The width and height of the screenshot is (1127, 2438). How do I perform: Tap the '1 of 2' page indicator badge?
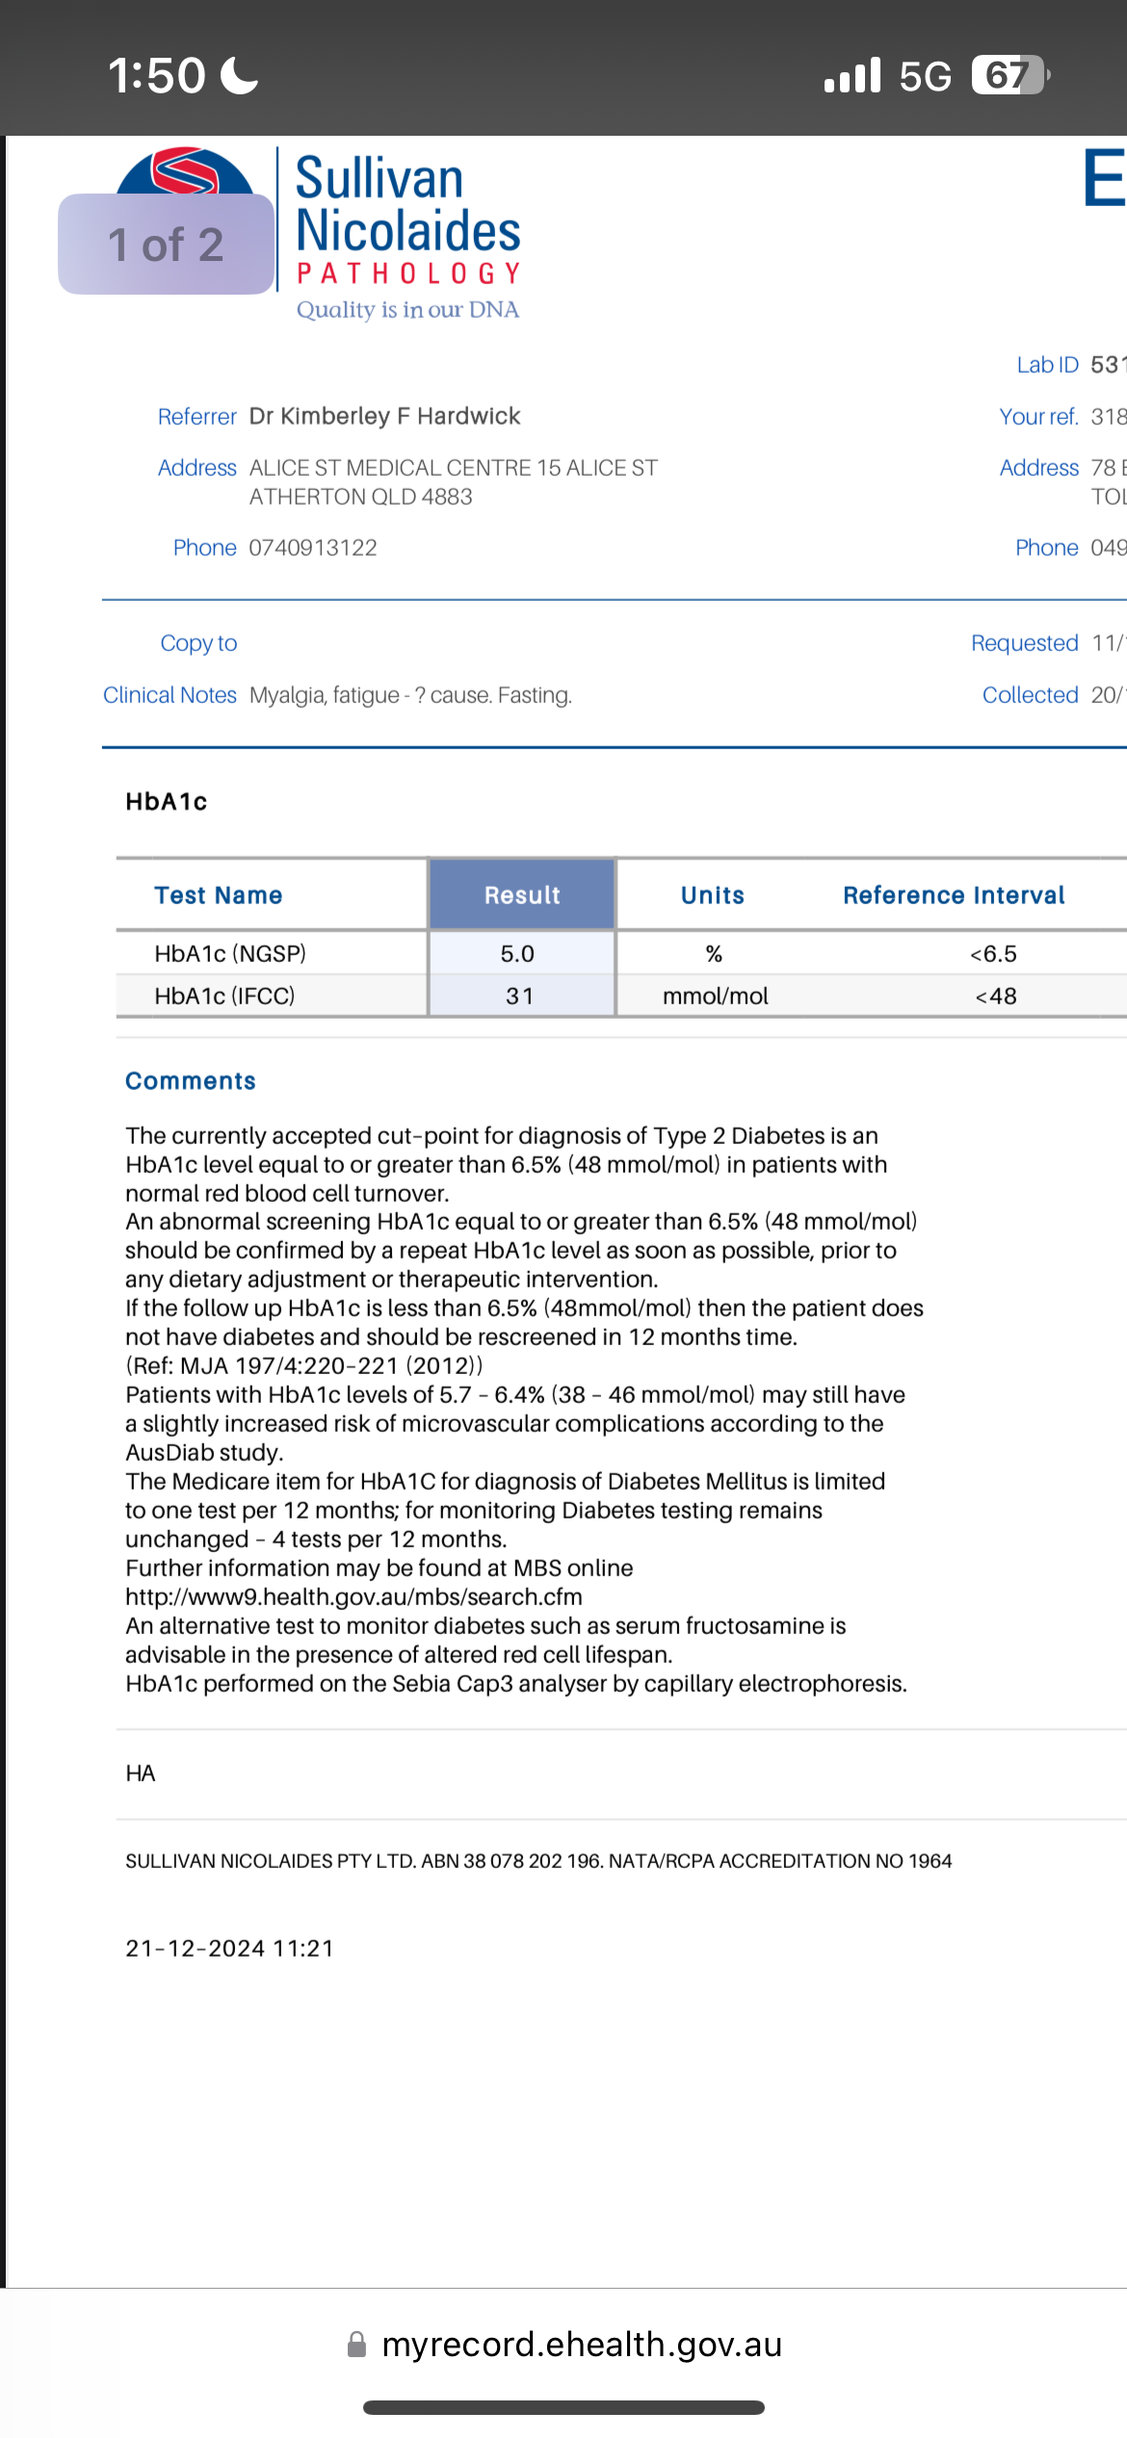point(166,245)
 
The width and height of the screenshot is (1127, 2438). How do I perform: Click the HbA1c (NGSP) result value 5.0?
point(517,953)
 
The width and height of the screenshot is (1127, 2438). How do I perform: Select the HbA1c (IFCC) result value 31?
point(520,996)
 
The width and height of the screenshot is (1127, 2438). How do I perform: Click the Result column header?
point(522,895)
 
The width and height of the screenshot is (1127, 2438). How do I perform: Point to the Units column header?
point(713,895)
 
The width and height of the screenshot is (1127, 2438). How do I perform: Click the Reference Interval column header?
point(954,895)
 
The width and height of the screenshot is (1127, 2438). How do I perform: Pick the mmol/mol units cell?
point(716,996)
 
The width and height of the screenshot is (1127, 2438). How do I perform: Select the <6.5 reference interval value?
point(993,953)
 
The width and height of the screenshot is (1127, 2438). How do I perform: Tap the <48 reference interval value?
point(996,996)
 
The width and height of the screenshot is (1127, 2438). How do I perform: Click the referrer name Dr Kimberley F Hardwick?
point(384,416)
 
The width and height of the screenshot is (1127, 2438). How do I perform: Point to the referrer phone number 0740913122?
point(313,547)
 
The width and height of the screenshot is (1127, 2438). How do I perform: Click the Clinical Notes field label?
point(170,694)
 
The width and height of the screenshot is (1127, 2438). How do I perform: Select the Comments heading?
point(191,1080)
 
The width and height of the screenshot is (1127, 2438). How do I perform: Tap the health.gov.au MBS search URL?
point(354,1596)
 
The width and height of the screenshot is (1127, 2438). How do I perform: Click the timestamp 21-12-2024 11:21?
point(230,1948)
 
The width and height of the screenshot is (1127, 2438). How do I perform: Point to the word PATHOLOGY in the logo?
point(408,274)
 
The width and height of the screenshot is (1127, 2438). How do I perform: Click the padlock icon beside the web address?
point(356,2345)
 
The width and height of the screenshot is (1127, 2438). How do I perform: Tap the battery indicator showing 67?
point(1009,75)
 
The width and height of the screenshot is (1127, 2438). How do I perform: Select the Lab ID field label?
point(1047,365)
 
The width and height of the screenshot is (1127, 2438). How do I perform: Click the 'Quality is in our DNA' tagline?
point(407,309)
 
